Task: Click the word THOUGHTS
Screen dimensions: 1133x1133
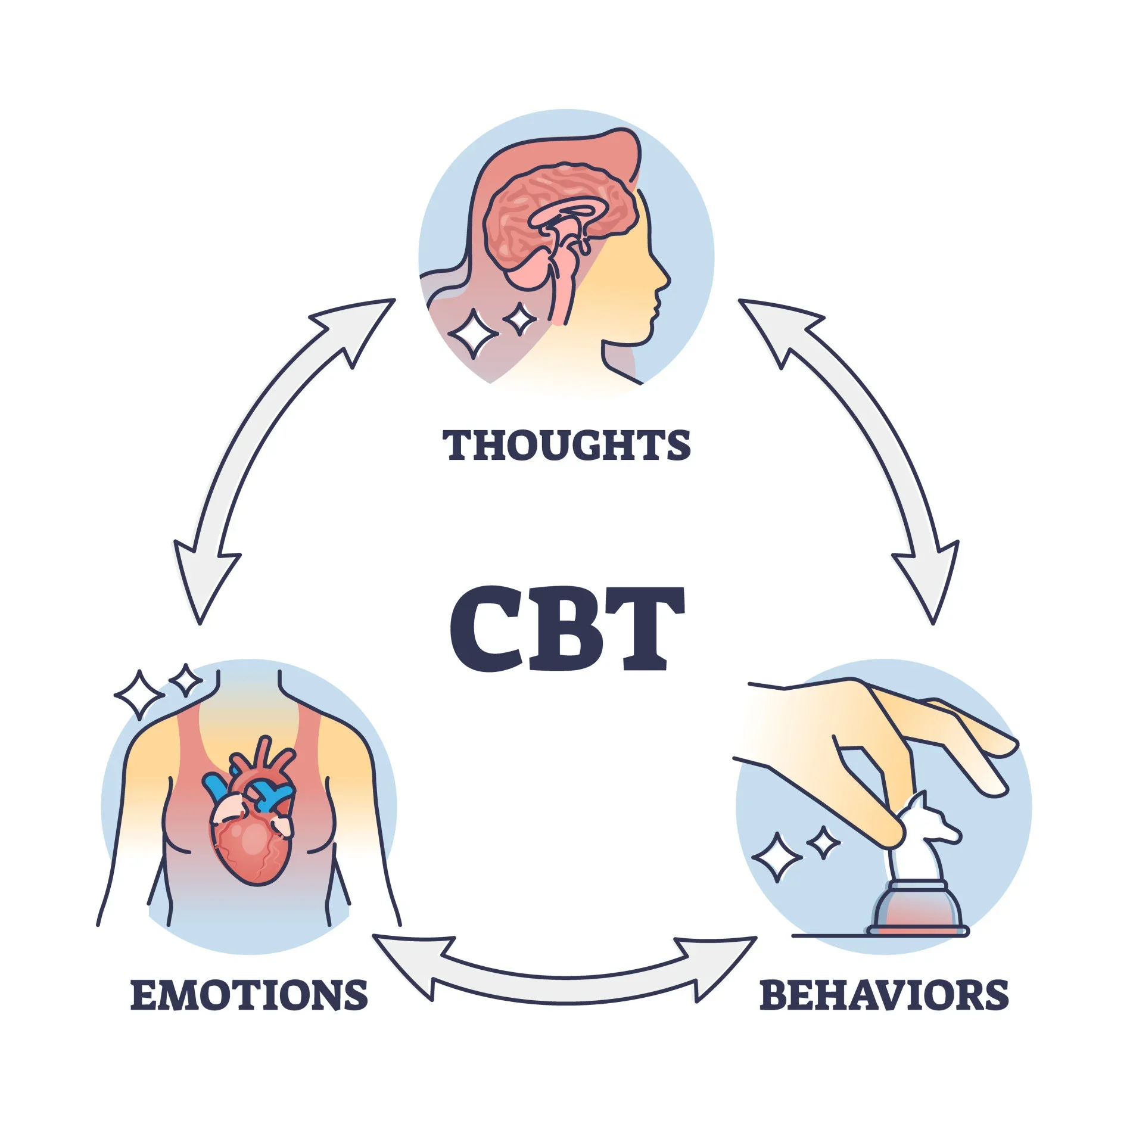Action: (x=566, y=445)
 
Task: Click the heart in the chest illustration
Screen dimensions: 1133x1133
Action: (x=253, y=834)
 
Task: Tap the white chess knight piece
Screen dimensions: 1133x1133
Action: (x=920, y=834)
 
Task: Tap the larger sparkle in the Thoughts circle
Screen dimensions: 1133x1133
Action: (x=473, y=334)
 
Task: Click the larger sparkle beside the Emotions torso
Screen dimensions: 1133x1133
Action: (x=138, y=695)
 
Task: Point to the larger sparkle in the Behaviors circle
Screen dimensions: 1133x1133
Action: (x=776, y=857)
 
